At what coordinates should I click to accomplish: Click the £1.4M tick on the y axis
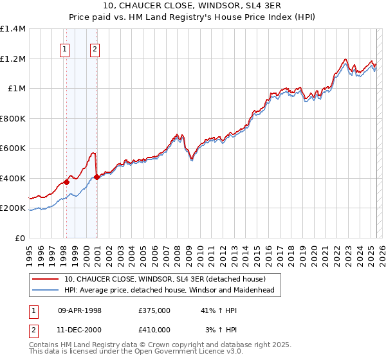(x=13, y=29)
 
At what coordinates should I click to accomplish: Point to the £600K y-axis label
(x=13, y=148)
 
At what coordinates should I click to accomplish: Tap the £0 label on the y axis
(x=19, y=239)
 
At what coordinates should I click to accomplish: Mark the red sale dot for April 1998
(x=66, y=182)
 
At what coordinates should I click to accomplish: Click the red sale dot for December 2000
(x=96, y=177)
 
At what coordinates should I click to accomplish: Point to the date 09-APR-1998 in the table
(x=80, y=310)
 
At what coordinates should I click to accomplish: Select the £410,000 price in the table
(x=154, y=329)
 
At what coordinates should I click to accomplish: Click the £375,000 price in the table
(x=154, y=310)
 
